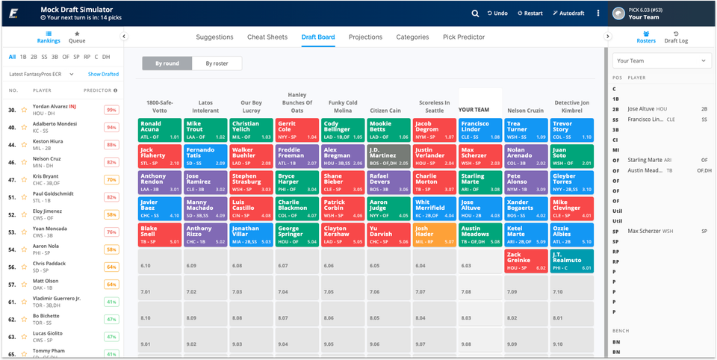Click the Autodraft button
tap(569, 13)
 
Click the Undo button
tap(497, 13)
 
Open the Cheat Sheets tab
tap(267, 37)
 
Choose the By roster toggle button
tap(217, 63)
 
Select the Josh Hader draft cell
tap(433, 235)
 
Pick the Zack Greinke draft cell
tap(524, 261)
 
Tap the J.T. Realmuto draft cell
tap(571, 261)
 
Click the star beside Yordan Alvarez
tap(24, 110)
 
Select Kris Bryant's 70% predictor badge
tap(111, 180)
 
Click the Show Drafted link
tap(103, 74)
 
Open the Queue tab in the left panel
tap(76, 41)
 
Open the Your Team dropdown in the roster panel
tap(660, 60)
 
